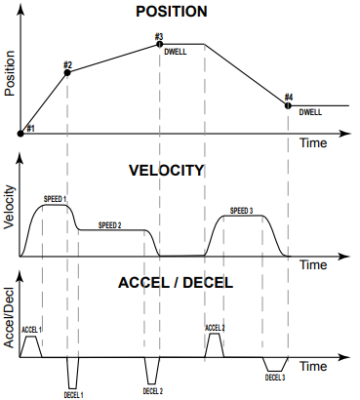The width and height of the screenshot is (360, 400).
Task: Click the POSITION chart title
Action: coord(179,13)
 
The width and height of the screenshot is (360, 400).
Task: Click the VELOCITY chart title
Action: coord(167,170)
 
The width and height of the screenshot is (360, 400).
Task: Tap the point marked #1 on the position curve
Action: coord(21,133)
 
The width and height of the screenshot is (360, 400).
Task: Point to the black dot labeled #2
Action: coord(67,75)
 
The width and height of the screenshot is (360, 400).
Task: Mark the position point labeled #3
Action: coord(159,45)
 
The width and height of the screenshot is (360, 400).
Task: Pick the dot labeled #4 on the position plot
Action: coord(288,104)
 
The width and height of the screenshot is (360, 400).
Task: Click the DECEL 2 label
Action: coord(152,391)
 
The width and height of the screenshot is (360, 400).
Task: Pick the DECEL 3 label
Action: coord(276,377)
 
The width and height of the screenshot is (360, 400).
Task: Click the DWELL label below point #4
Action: coord(311,113)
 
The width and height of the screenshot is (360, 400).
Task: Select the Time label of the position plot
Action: coord(313,142)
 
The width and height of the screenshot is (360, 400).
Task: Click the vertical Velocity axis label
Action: coord(10,207)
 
